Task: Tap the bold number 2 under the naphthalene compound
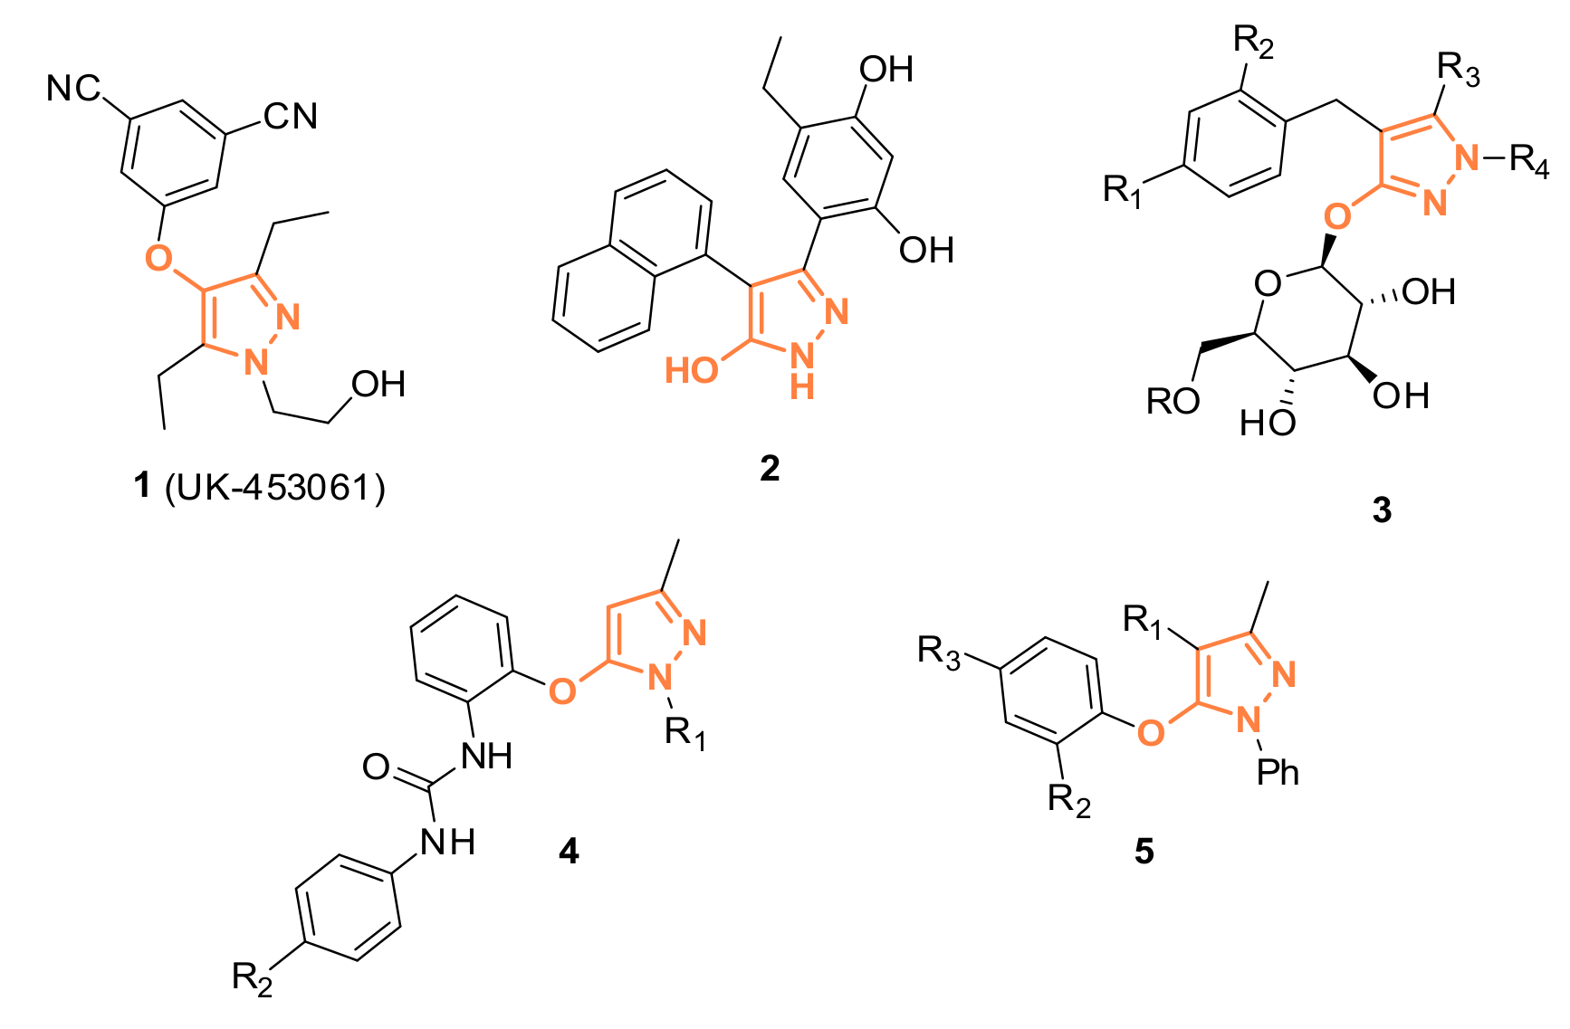click(x=770, y=468)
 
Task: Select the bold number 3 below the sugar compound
click(x=1382, y=510)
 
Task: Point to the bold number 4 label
click(x=569, y=851)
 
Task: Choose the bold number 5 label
click(x=1144, y=851)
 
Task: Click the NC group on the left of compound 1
click(x=74, y=89)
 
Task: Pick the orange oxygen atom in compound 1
click(x=158, y=258)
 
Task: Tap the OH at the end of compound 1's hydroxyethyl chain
click(x=378, y=385)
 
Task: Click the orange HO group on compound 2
click(x=692, y=370)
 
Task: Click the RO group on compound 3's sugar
click(x=1173, y=401)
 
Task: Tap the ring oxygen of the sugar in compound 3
click(x=1268, y=284)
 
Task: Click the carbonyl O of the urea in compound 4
click(x=376, y=767)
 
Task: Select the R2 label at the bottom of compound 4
click(x=252, y=978)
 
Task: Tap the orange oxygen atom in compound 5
click(x=1150, y=731)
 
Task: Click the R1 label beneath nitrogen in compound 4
click(x=684, y=732)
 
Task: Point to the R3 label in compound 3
click(x=1458, y=69)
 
